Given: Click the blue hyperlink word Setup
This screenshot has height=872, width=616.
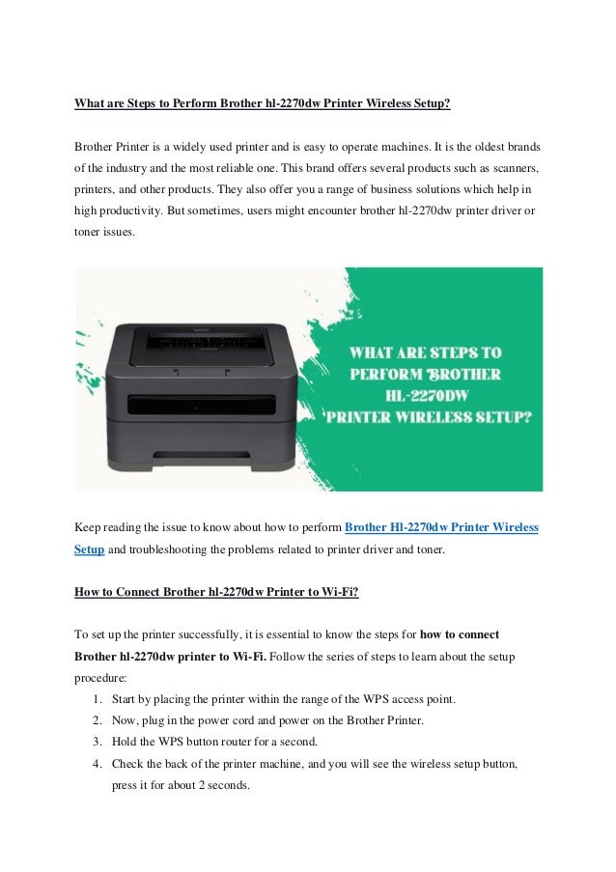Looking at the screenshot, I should pyautogui.click(x=90, y=549).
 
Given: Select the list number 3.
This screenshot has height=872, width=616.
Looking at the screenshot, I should pyautogui.click(x=99, y=742).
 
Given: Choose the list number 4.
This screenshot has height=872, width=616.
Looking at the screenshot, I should pyautogui.click(x=99, y=763).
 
